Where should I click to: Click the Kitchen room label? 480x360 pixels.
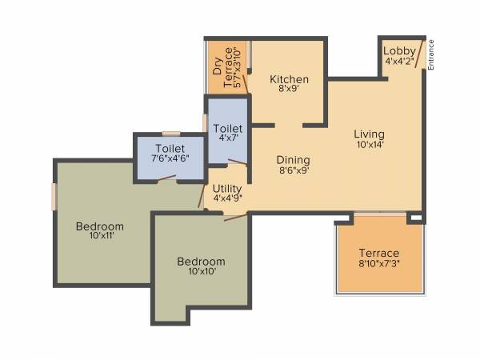point(289,79)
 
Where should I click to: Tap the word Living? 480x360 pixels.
point(370,134)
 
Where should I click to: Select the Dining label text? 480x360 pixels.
point(294,159)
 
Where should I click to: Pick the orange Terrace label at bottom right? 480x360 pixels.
point(378,253)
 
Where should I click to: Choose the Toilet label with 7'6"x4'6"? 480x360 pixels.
point(170,148)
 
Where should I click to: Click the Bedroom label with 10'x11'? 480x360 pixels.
point(100,226)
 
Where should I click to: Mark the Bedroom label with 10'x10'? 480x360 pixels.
point(201,262)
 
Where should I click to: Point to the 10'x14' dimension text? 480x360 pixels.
point(370,145)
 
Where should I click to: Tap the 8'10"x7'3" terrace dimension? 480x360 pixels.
point(378,264)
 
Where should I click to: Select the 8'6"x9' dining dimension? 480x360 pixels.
point(294,170)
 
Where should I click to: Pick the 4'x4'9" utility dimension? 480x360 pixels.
point(228,198)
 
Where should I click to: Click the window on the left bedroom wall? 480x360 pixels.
point(54,197)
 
